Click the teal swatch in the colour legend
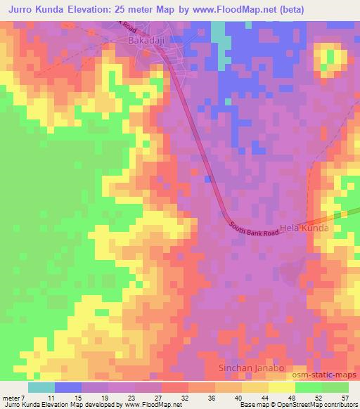click(41, 387)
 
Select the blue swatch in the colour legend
click(68, 387)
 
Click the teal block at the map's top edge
click(218, 30)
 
